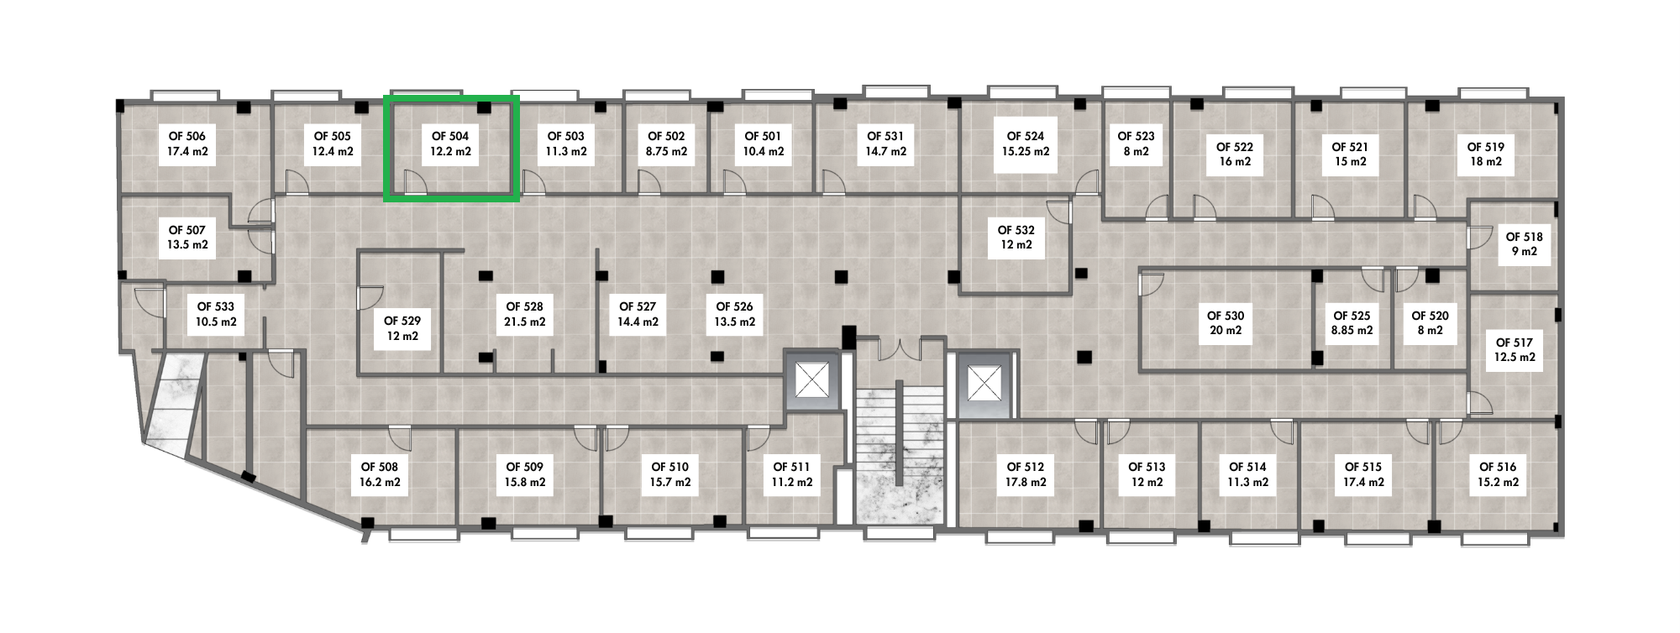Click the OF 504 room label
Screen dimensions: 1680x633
(x=450, y=144)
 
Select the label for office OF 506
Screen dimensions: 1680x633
(x=187, y=144)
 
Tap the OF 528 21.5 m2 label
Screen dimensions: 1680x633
(x=525, y=314)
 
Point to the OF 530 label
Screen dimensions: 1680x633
(x=1226, y=323)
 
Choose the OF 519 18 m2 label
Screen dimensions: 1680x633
(x=1486, y=154)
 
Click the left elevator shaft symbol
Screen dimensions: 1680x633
(x=812, y=382)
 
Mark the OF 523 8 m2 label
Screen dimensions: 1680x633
(x=1136, y=144)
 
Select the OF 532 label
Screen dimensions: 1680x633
(x=1016, y=238)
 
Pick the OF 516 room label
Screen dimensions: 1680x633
(x=1498, y=474)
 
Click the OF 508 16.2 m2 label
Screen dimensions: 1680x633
(x=380, y=474)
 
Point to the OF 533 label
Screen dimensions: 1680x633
(x=216, y=314)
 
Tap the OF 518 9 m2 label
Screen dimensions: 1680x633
(x=1525, y=244)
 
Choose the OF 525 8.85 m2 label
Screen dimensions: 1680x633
(x=1352, y=323)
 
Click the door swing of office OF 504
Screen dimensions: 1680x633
(x=416, y=182)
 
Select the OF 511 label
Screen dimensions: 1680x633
(x=792, y=474)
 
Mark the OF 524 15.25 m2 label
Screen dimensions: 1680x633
(x=1026, y=144)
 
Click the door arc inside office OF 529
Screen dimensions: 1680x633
(x=370, y=298)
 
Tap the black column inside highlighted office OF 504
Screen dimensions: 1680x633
(x=484, y=107)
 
